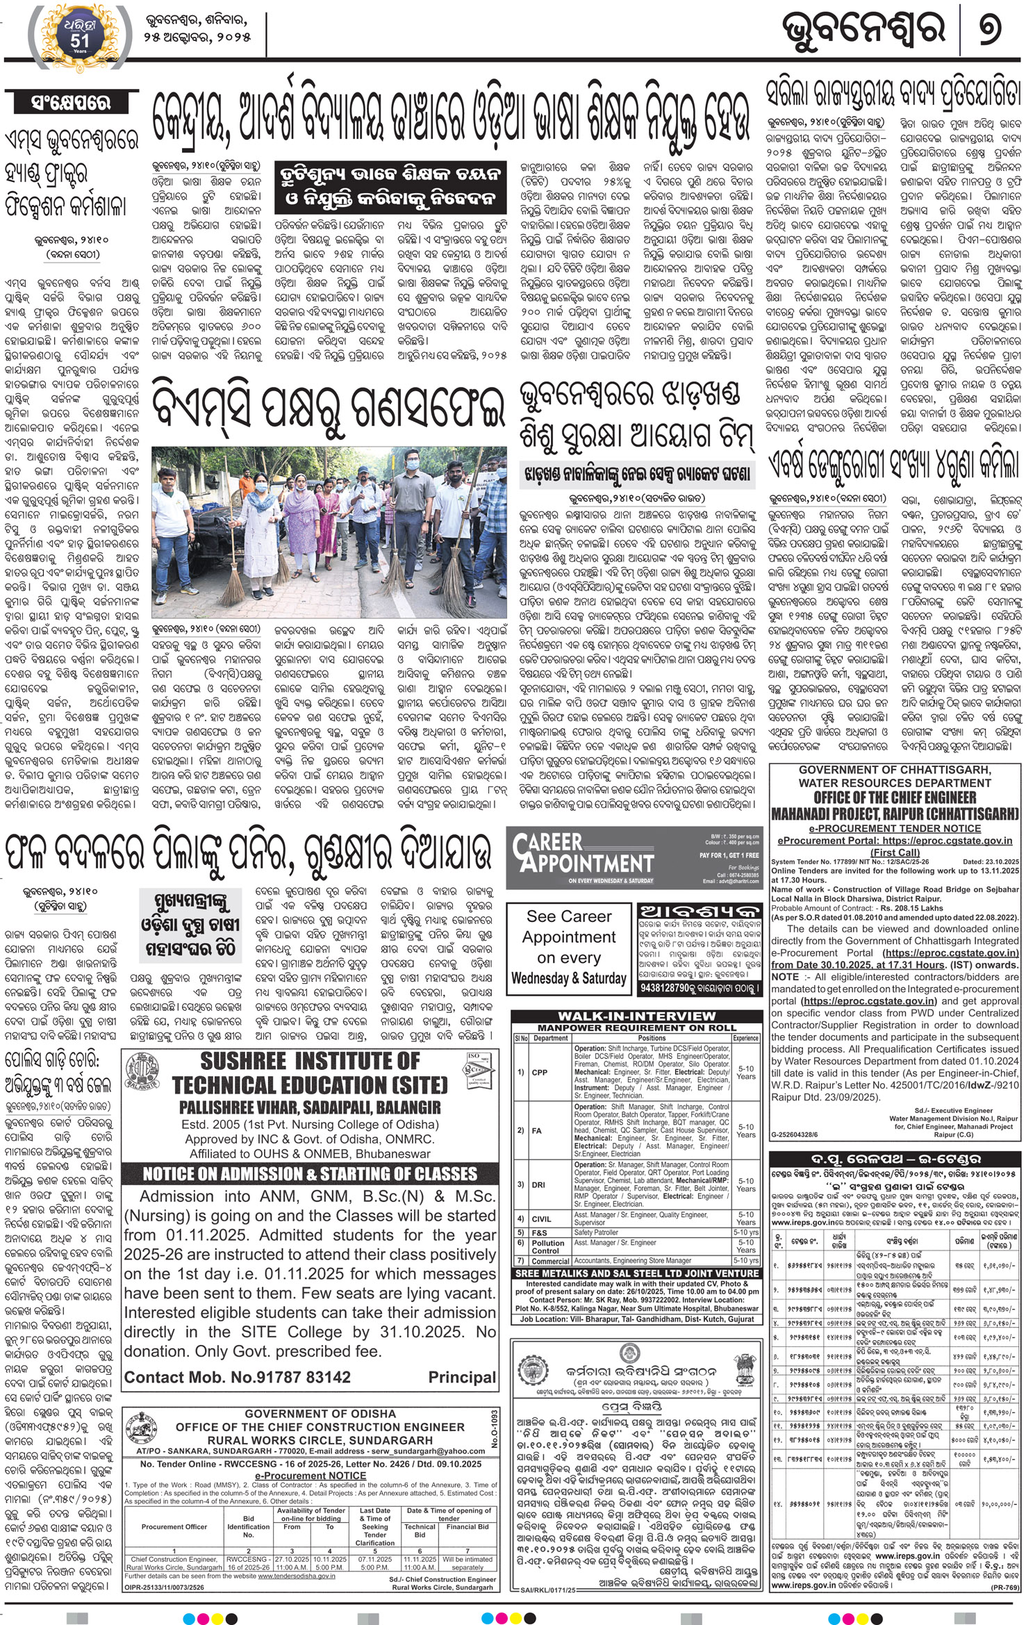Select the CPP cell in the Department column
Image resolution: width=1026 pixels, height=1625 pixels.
pyautogui.click(x=539, y=1072)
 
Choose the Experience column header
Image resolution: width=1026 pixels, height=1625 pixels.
pyautogui.click(x=745, y=1038)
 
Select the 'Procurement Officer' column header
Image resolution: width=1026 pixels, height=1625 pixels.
pyautogui.click(x=174, y=1521)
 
